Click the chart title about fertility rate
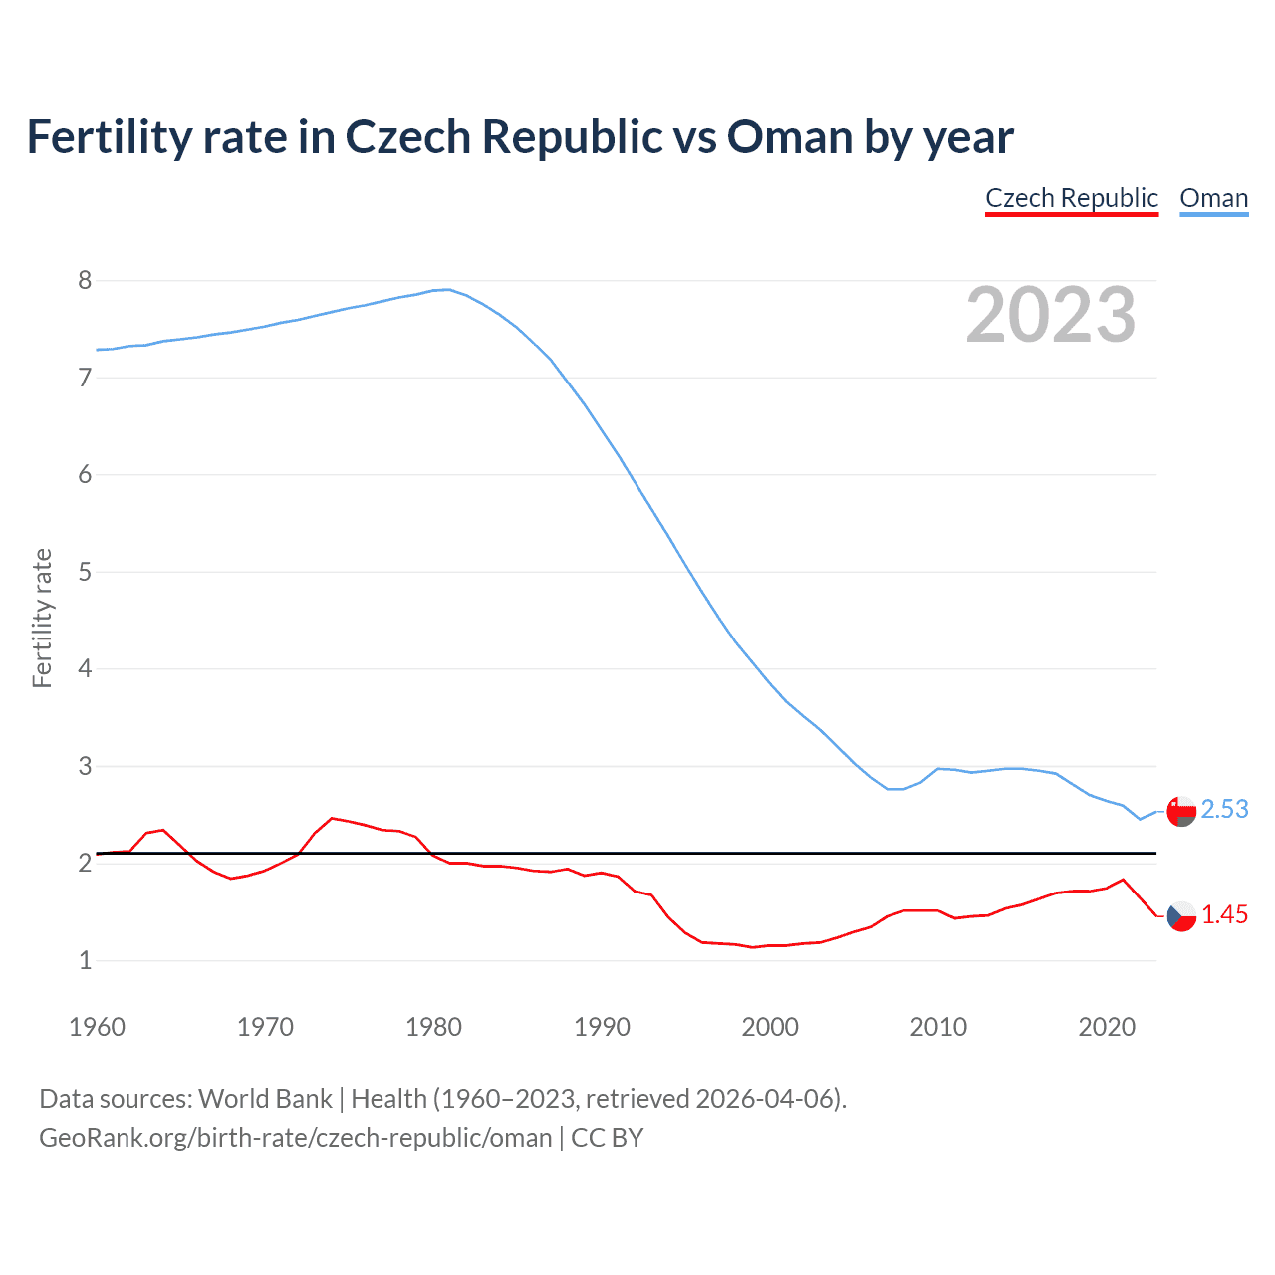(x=519, y=136)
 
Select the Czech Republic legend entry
(x=1072, y=198)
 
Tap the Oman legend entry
(x=1213, y=198)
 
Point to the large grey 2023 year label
(x=1051, y=315)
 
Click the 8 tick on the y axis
(x=85, y=280)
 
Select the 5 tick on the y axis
(x=85, y=572)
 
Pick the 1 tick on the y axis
(x=85, y=960)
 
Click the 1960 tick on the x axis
(x=97, y=1027)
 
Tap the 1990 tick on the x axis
(x=602, y=1027)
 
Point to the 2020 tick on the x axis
(x=1107, y=1027)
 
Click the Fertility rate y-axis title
(x=42, y=618)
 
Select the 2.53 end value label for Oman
(x=1224, y=809)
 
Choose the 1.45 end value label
(x=1224, y=914)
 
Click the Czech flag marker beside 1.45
(x=1181, y=915)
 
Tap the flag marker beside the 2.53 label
(x=1181, y=812)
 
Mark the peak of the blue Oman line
(x=448, y=289)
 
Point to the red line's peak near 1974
(x=333, y=818)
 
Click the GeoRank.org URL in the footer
(x=295, y=1137)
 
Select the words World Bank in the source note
(x=265, y=1098)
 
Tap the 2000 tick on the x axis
(x=770, y=1027)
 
